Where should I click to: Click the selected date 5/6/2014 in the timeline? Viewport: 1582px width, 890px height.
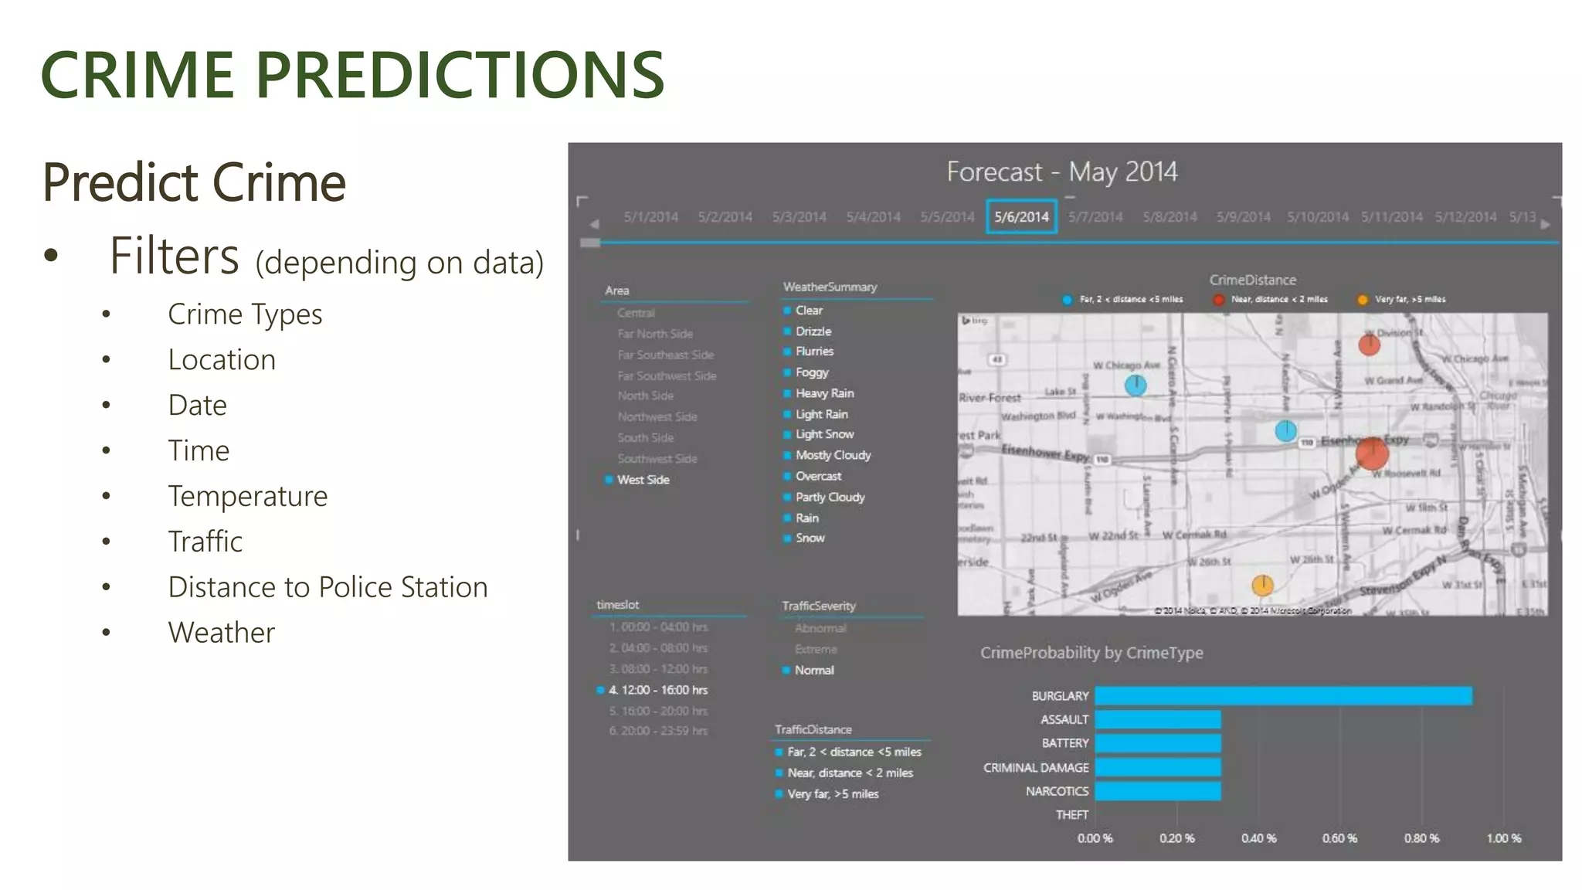pyautogui.click(x=1021, y=217)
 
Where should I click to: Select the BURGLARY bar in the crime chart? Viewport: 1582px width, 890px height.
pyautogui.click(x=1282, y=696)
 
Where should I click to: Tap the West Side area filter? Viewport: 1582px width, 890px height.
pyautogui.click(x=643, y=480)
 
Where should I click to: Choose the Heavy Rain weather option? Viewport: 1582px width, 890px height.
pyautogui.click(x=824, y=393)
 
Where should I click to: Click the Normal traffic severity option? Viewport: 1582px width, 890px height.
pyautogui.click(x=814, y=670)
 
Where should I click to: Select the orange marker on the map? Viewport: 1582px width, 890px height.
pyautogui.click(x=1262, y=585)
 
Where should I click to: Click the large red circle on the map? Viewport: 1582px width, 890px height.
pyautogui.click(x=1372, y=453)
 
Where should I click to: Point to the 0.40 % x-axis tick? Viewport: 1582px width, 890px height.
pyautogui.click(x=1258, y=838)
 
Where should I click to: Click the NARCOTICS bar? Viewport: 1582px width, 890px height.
pyautogui.click(x=1157, y=791)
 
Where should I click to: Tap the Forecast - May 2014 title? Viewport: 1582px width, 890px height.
pyautogui.click(x=1062, y=172)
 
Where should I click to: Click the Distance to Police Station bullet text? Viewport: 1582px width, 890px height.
pyautogui.click(x=328, y=587)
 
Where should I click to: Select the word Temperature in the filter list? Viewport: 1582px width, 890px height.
pyautogui.click(x=247, y=496)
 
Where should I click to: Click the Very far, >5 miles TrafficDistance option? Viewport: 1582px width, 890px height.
pyautogui.click(x=833, y=793)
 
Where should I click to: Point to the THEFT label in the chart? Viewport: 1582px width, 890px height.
pyautogui.click(x=1071, y=815)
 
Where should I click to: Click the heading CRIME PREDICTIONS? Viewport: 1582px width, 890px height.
pyautogui.click(x=352, y=75)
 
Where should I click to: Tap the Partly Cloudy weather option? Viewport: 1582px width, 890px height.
pyautogui.click(x=830, y=497)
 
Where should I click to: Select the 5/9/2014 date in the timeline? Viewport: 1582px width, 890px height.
pyautogui.click(x=1243, y=217)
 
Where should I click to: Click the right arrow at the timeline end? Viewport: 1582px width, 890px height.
pyautogui.click(x=1545, y=224)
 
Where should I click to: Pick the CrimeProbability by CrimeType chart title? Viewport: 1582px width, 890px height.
pyautogui.click(x=1091, y=653)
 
